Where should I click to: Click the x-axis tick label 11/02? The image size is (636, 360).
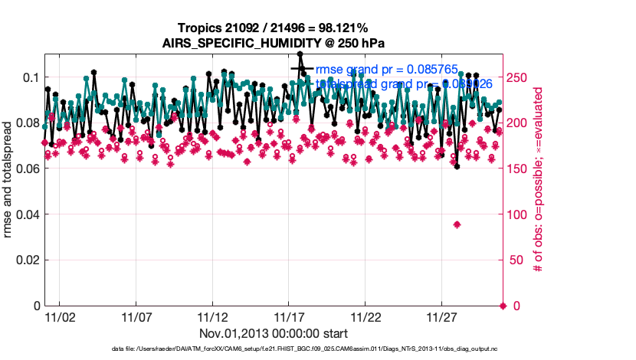coord(59,316)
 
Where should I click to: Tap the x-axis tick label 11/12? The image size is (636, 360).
coord(212,316)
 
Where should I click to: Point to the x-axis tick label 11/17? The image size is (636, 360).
coord(289,316)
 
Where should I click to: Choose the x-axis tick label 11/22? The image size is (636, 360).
coord(366,316)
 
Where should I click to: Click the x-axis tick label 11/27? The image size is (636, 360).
coord(442,316)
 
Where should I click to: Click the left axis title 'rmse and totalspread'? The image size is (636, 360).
coord(9,180)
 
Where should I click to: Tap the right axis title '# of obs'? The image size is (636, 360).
coord(539,180)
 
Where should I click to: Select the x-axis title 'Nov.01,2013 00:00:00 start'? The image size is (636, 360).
coord(274,333)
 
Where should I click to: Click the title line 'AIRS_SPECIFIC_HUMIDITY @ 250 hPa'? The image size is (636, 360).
coord(274,43)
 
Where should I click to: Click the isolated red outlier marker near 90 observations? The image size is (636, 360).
coord(457,224)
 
